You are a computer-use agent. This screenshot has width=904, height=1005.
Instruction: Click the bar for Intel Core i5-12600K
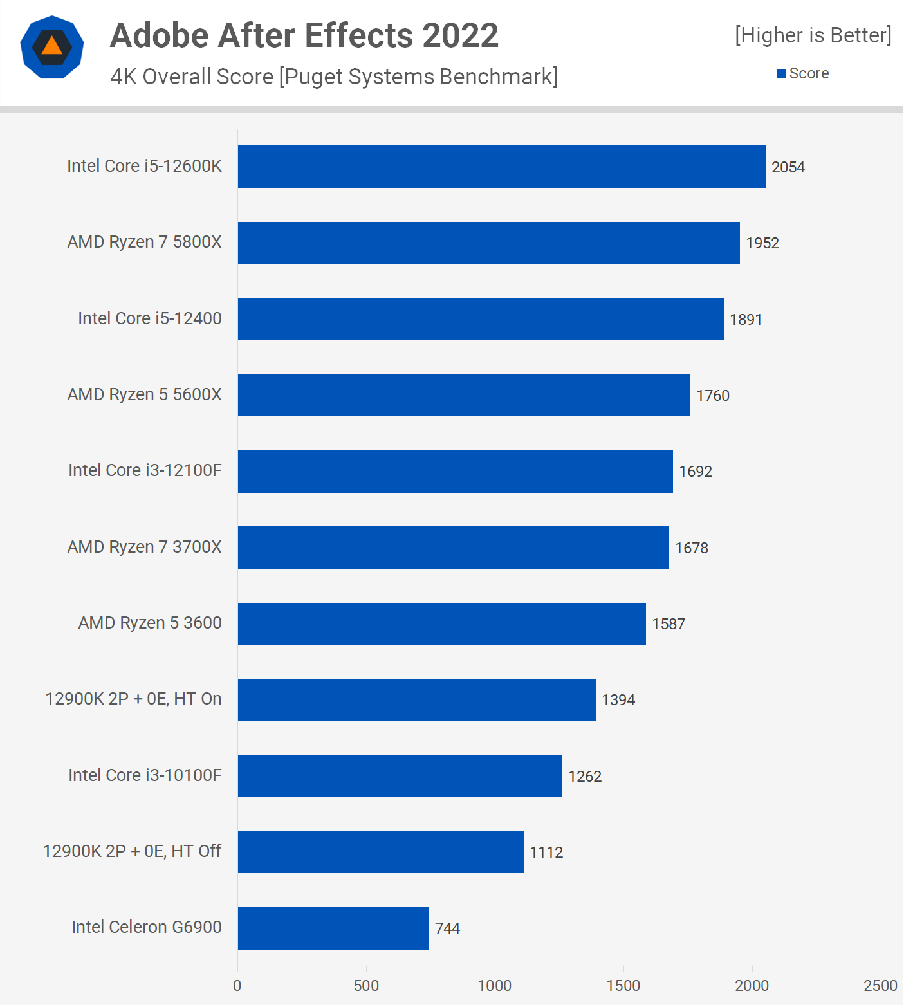502,167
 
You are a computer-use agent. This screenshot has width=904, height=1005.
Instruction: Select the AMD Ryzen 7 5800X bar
489,243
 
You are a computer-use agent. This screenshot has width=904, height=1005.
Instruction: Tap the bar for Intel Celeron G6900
333,928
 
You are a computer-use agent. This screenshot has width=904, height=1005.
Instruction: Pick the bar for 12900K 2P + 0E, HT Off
381,852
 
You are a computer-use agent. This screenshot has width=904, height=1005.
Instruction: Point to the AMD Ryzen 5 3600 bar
442,623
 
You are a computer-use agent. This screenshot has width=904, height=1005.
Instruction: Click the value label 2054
788,167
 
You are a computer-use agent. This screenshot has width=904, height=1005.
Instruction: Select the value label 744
447,928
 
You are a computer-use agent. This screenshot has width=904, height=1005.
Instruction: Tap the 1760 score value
713,396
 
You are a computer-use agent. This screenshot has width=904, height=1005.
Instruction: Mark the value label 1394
618,700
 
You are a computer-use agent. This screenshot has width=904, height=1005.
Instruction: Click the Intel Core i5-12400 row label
149,318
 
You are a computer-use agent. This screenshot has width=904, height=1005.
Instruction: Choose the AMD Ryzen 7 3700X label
144,547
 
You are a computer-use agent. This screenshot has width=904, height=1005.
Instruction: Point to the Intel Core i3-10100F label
145,775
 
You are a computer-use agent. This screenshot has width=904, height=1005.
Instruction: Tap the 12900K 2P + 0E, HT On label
133,699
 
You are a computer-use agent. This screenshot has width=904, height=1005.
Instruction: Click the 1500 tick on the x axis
623,986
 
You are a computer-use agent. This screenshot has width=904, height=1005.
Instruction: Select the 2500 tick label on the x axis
880,986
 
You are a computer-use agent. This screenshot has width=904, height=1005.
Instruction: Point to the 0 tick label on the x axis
237,986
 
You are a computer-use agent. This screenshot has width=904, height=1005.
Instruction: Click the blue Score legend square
781,74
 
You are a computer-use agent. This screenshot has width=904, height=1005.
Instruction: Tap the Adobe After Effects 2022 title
304,35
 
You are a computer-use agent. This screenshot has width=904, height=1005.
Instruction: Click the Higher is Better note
813,35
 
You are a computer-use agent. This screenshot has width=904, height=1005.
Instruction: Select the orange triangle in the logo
51,46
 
